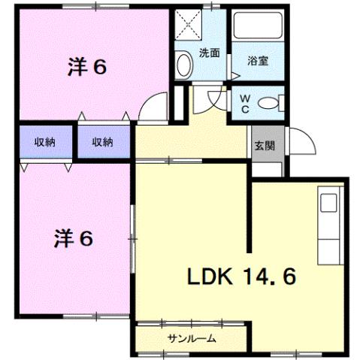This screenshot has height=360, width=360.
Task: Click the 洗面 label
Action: coord(210,53)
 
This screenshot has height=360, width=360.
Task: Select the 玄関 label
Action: coord(263,145)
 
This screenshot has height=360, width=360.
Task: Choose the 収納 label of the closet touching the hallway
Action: coord(102,141)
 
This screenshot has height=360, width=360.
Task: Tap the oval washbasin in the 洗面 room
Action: coord(183,66)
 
